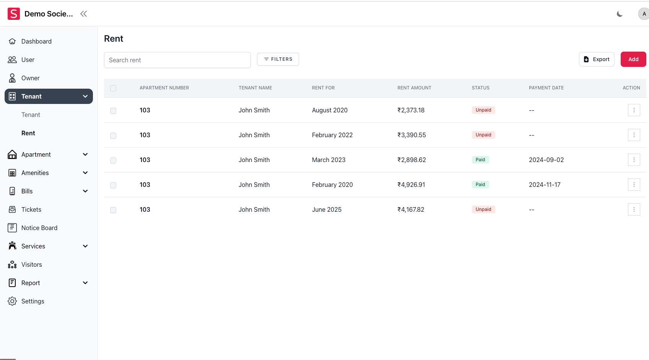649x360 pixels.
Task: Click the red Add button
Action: [633, 59]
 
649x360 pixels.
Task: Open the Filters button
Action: [278, 59]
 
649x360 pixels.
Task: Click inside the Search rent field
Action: [177, 60]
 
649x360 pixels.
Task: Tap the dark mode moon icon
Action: [620, 14]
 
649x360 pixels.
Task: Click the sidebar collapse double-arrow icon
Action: [83, 14]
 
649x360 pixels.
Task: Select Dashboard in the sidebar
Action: [36, 41]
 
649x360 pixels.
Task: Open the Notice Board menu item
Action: [39, 228]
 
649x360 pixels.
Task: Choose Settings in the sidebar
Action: [33, 301]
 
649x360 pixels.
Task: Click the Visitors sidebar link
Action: [31, 264]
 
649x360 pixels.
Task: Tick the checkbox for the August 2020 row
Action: [113, 111]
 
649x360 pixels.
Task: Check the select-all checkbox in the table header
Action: [113, 88]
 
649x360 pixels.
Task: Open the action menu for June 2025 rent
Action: [634, 209]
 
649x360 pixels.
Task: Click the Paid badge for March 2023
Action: [480, 160]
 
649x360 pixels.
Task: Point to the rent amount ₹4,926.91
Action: [411, 185]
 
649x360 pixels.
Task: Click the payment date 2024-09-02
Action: [546, 160]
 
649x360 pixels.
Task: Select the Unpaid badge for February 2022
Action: [483, 135]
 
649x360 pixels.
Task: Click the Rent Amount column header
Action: [414, 88]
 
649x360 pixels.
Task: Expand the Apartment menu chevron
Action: [85, 154]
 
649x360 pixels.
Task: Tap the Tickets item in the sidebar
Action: [31, 209]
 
